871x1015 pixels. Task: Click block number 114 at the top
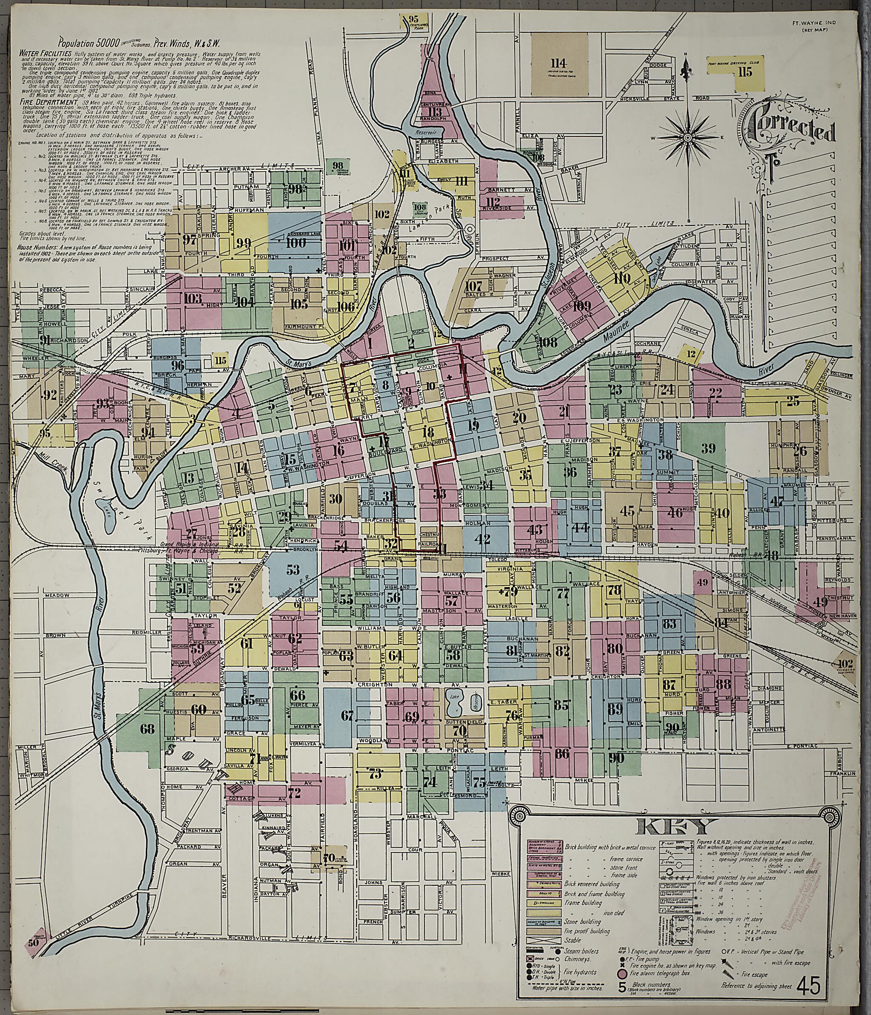pyautogui.click(x=558, y=63)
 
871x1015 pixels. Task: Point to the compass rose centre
pyautogui.click(x=688, y=138)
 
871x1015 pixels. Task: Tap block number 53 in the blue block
pyautogui.click(x=293, y=569)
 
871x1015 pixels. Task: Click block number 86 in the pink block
pyautogui.click(x=561, y=767)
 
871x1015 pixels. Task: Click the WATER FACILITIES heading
pyautogui.click(x=45, y=52)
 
